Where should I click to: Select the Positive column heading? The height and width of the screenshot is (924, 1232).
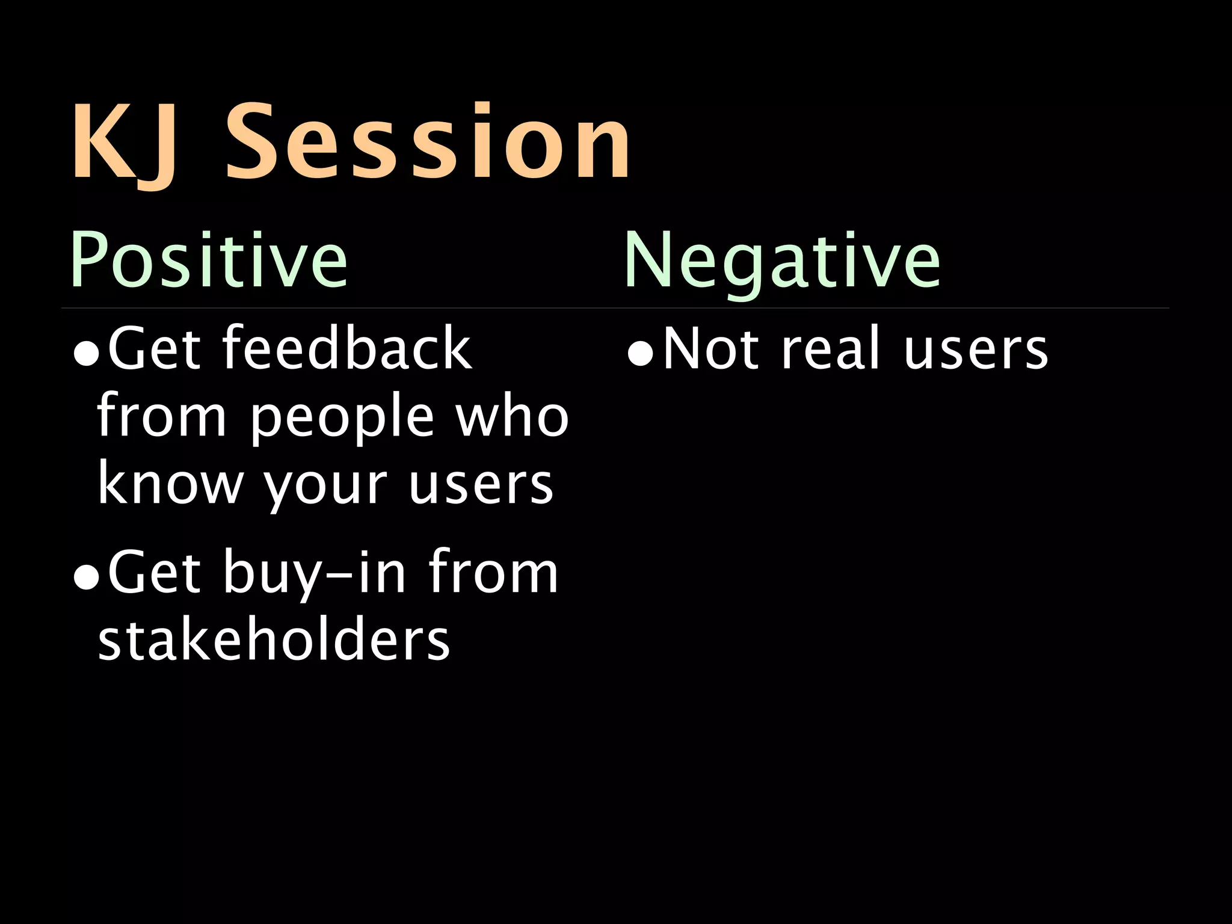point(209,260)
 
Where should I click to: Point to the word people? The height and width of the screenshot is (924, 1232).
point(342,417)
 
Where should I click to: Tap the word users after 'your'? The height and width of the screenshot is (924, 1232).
point(481,484)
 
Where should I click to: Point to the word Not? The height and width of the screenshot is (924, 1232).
point(710,349)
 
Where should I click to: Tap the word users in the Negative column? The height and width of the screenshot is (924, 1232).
point(975,349)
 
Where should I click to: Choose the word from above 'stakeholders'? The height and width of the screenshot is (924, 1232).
point(493,573)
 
